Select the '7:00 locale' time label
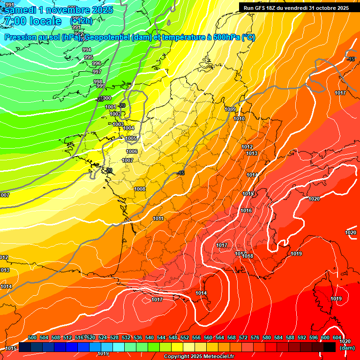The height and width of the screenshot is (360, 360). click(x=32, y=21)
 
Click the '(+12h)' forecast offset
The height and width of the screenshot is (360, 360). click(x=81, y=21)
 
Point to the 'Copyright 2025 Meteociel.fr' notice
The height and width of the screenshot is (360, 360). click(x=199, y=357)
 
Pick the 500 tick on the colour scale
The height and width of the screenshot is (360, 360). click(x=32, y=337)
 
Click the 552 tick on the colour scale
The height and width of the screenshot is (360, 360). click(x=185, y=337)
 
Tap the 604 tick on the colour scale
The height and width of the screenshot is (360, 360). click(x=337, y=337)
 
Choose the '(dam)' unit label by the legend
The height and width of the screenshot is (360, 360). click(x=347, y=348)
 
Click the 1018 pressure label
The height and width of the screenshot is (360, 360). click(x=248, y=256)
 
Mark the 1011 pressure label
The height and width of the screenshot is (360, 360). click(x=158, y=218)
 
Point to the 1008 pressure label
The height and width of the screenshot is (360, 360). click(x=140, y=189)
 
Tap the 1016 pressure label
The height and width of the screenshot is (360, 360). click(x=246, y=211)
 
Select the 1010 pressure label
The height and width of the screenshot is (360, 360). click(x=239, y=119)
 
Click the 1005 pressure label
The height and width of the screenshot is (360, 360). click(x=131, y=139)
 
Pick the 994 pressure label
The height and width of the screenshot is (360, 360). click(x=87, y=50)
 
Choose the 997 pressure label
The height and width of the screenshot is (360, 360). click(x=97, y=72)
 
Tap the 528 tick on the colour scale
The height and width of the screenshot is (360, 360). click(x=114, y=337)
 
